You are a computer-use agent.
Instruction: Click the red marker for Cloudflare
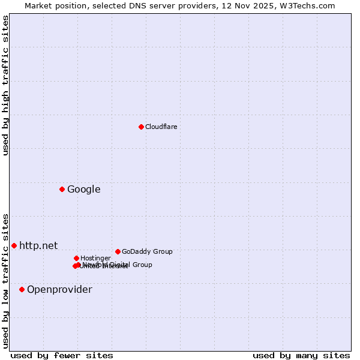click(x=141, y=127)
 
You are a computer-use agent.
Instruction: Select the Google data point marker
click(x=62, y=190)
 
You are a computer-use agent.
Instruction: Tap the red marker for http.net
click(x=14, y=245)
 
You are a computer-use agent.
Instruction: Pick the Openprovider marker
click(x=22, y=290)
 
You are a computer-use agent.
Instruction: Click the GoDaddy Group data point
click(x=118, y=251)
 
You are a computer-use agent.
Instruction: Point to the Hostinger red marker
click(x=76, y=258)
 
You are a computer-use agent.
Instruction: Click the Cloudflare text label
click(x=161, y=127)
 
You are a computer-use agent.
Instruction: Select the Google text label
click(x=83, y=190)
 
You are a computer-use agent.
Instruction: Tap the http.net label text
click(x=38, y=245)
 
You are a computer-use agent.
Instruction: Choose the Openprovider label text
click(x=59, y=290)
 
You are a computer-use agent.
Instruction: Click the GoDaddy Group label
click(x=147, y=251)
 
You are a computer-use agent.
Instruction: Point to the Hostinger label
click(x=95, y=258)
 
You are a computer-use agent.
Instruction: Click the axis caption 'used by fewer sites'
click(x=62, y=355)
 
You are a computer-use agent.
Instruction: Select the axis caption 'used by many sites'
click(x=301, y=355)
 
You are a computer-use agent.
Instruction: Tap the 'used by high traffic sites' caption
click(x=5, y=85)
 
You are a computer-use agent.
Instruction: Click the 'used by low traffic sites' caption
click(x=5, y=281)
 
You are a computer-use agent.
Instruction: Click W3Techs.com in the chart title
click(x=310, y=5)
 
